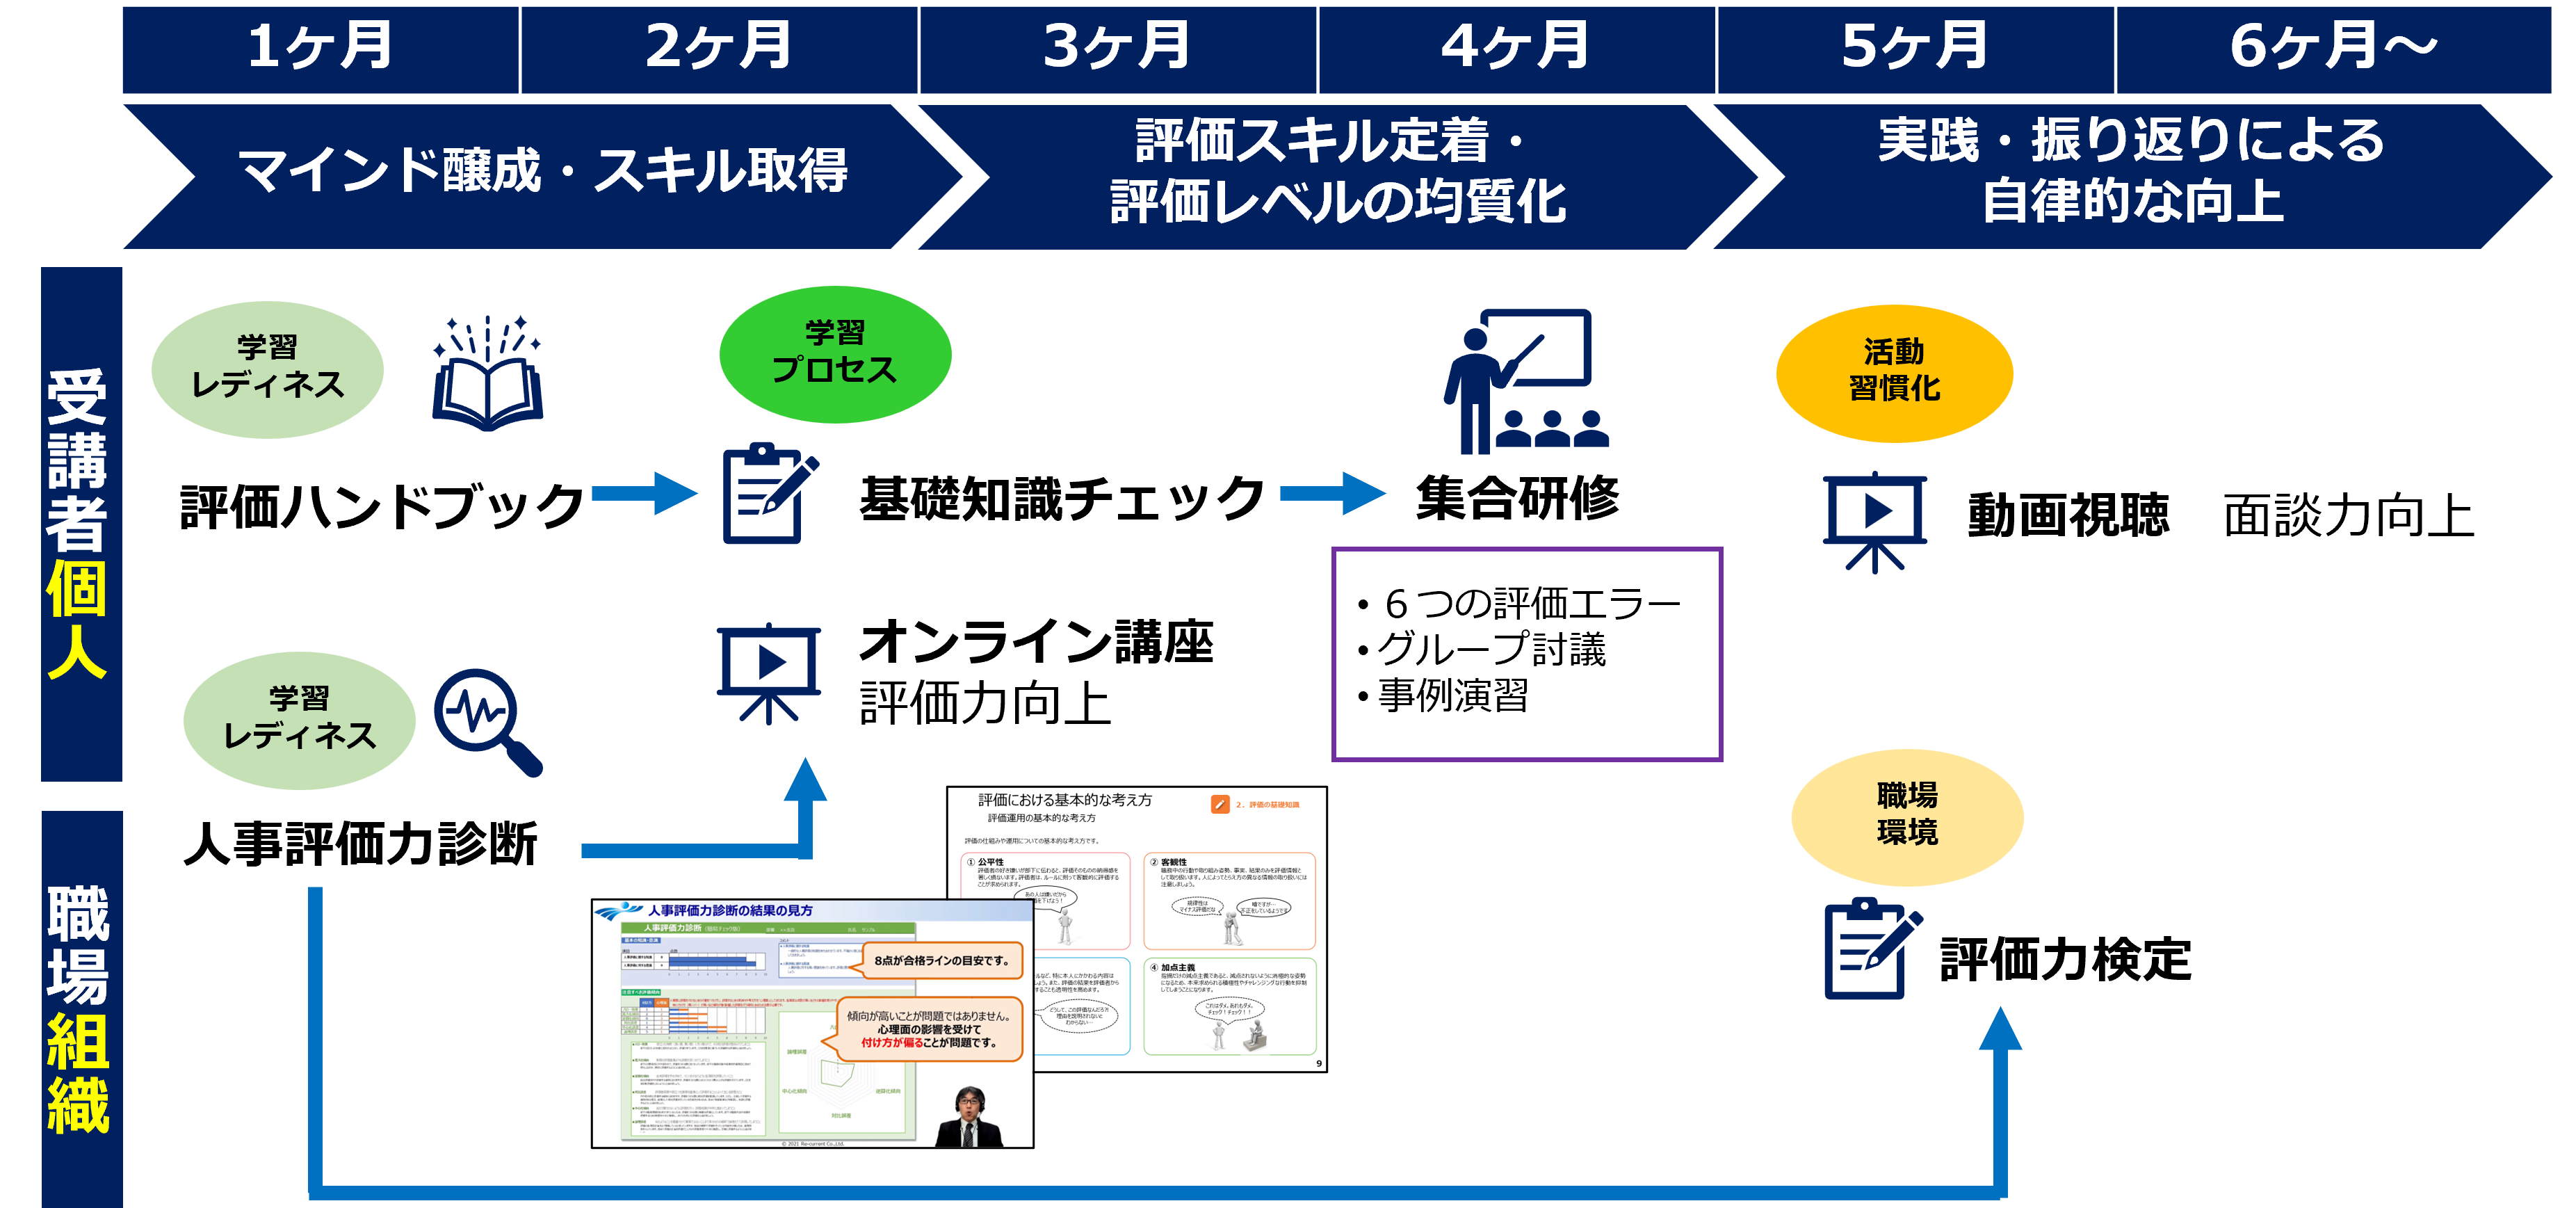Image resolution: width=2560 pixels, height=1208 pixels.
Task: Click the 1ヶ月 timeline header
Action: (x=320, y=48)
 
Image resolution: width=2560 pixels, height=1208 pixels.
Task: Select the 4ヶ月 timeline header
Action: (x=1516, y=48)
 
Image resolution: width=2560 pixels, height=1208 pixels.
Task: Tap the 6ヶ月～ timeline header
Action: (x=2333, y=48)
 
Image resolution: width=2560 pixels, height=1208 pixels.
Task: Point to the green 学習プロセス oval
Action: (x=835, y=353)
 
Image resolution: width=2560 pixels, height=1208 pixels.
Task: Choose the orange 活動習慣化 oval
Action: (x=1894, y=372)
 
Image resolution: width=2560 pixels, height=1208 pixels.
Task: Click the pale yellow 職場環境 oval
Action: (x=1907, y=815)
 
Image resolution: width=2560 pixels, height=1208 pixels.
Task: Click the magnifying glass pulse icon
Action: (x=487, y=720)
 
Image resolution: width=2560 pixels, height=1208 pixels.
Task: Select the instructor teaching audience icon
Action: (x=1525, y=382)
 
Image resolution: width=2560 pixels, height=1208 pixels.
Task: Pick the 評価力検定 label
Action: (x=2065, y=960)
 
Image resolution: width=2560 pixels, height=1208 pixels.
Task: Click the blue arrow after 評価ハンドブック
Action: (x=646, y=493)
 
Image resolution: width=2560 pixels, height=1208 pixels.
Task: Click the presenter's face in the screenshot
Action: (x=970, y=1104)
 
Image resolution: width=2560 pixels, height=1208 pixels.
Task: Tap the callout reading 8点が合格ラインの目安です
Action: (x=941, y=960)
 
